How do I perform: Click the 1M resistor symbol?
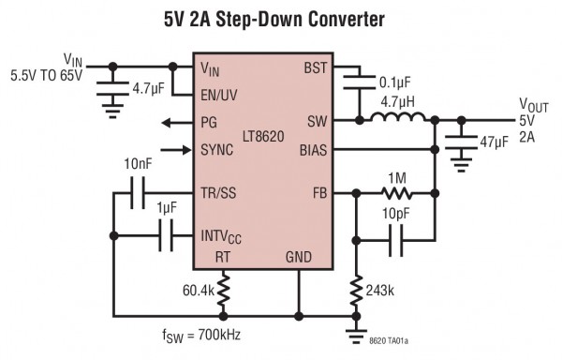396,194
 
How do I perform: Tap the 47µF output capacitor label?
493,143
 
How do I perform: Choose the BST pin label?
316,67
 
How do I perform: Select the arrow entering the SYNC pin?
175,148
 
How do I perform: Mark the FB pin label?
321,195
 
